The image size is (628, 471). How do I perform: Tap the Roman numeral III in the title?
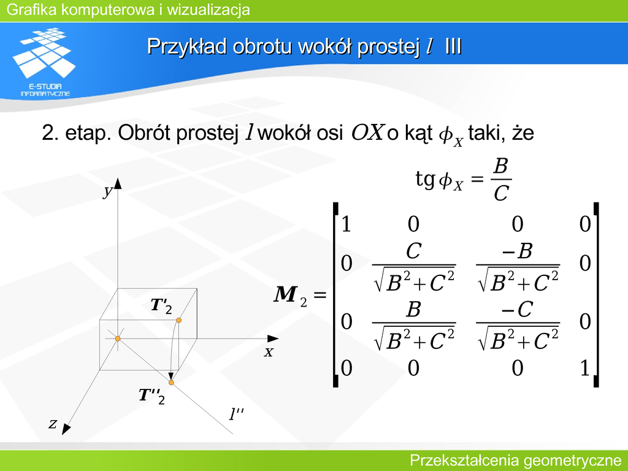[453, 47]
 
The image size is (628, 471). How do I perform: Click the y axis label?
[107, 191]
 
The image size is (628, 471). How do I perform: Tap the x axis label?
[269, 352]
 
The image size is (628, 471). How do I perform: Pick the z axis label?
[53, 423]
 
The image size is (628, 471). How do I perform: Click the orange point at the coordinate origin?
[118, 339]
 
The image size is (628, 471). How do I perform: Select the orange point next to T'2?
[178, 320]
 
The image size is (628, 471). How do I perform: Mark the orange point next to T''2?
[171, 383]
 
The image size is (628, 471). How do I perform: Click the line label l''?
[236, 414]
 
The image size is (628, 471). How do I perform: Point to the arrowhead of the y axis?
[117, 183]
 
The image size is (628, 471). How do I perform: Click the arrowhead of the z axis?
[66, 429]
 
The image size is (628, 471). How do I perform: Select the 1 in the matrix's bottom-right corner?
[584, 368]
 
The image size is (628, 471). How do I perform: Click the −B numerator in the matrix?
[517, 251]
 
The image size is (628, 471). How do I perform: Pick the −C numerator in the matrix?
[517, 310]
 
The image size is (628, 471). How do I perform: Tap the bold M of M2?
[286, 294]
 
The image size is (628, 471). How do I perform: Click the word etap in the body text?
[88, 134]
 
